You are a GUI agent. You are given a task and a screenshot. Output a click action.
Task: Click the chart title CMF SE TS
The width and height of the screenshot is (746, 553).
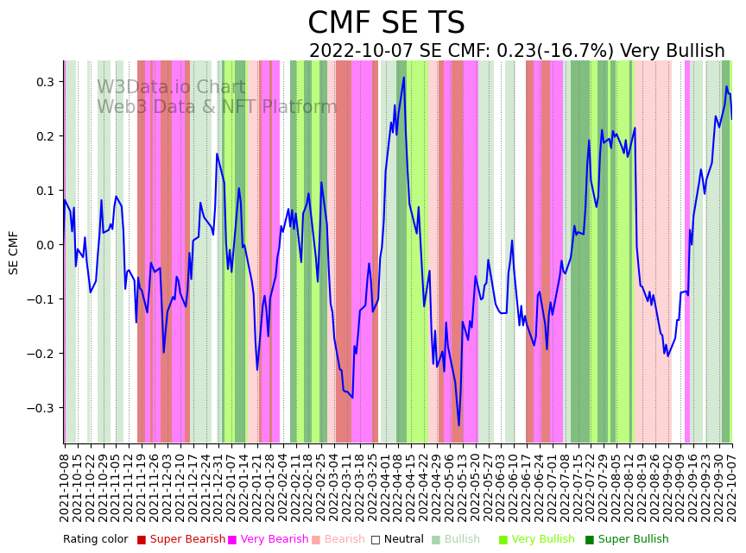pos(386,23)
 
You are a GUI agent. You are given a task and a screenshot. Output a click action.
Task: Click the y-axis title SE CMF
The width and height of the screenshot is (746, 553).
pos(14,252)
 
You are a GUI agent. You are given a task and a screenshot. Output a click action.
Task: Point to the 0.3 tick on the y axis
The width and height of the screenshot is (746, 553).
pos(43,82)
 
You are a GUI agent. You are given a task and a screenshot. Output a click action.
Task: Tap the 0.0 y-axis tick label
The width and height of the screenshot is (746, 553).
pos(43,245)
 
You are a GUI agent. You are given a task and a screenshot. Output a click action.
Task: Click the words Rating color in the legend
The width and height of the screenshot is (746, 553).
pos(95,540)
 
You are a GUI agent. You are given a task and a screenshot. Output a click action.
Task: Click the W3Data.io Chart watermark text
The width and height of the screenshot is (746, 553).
pos(171,88)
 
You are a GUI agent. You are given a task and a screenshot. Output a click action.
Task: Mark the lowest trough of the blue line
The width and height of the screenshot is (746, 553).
pos(459,425)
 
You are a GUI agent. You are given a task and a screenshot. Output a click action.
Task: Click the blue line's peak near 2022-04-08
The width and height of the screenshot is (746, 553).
pos(403,78)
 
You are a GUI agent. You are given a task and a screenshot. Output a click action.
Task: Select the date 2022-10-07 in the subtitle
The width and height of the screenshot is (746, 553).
pos(362,52)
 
